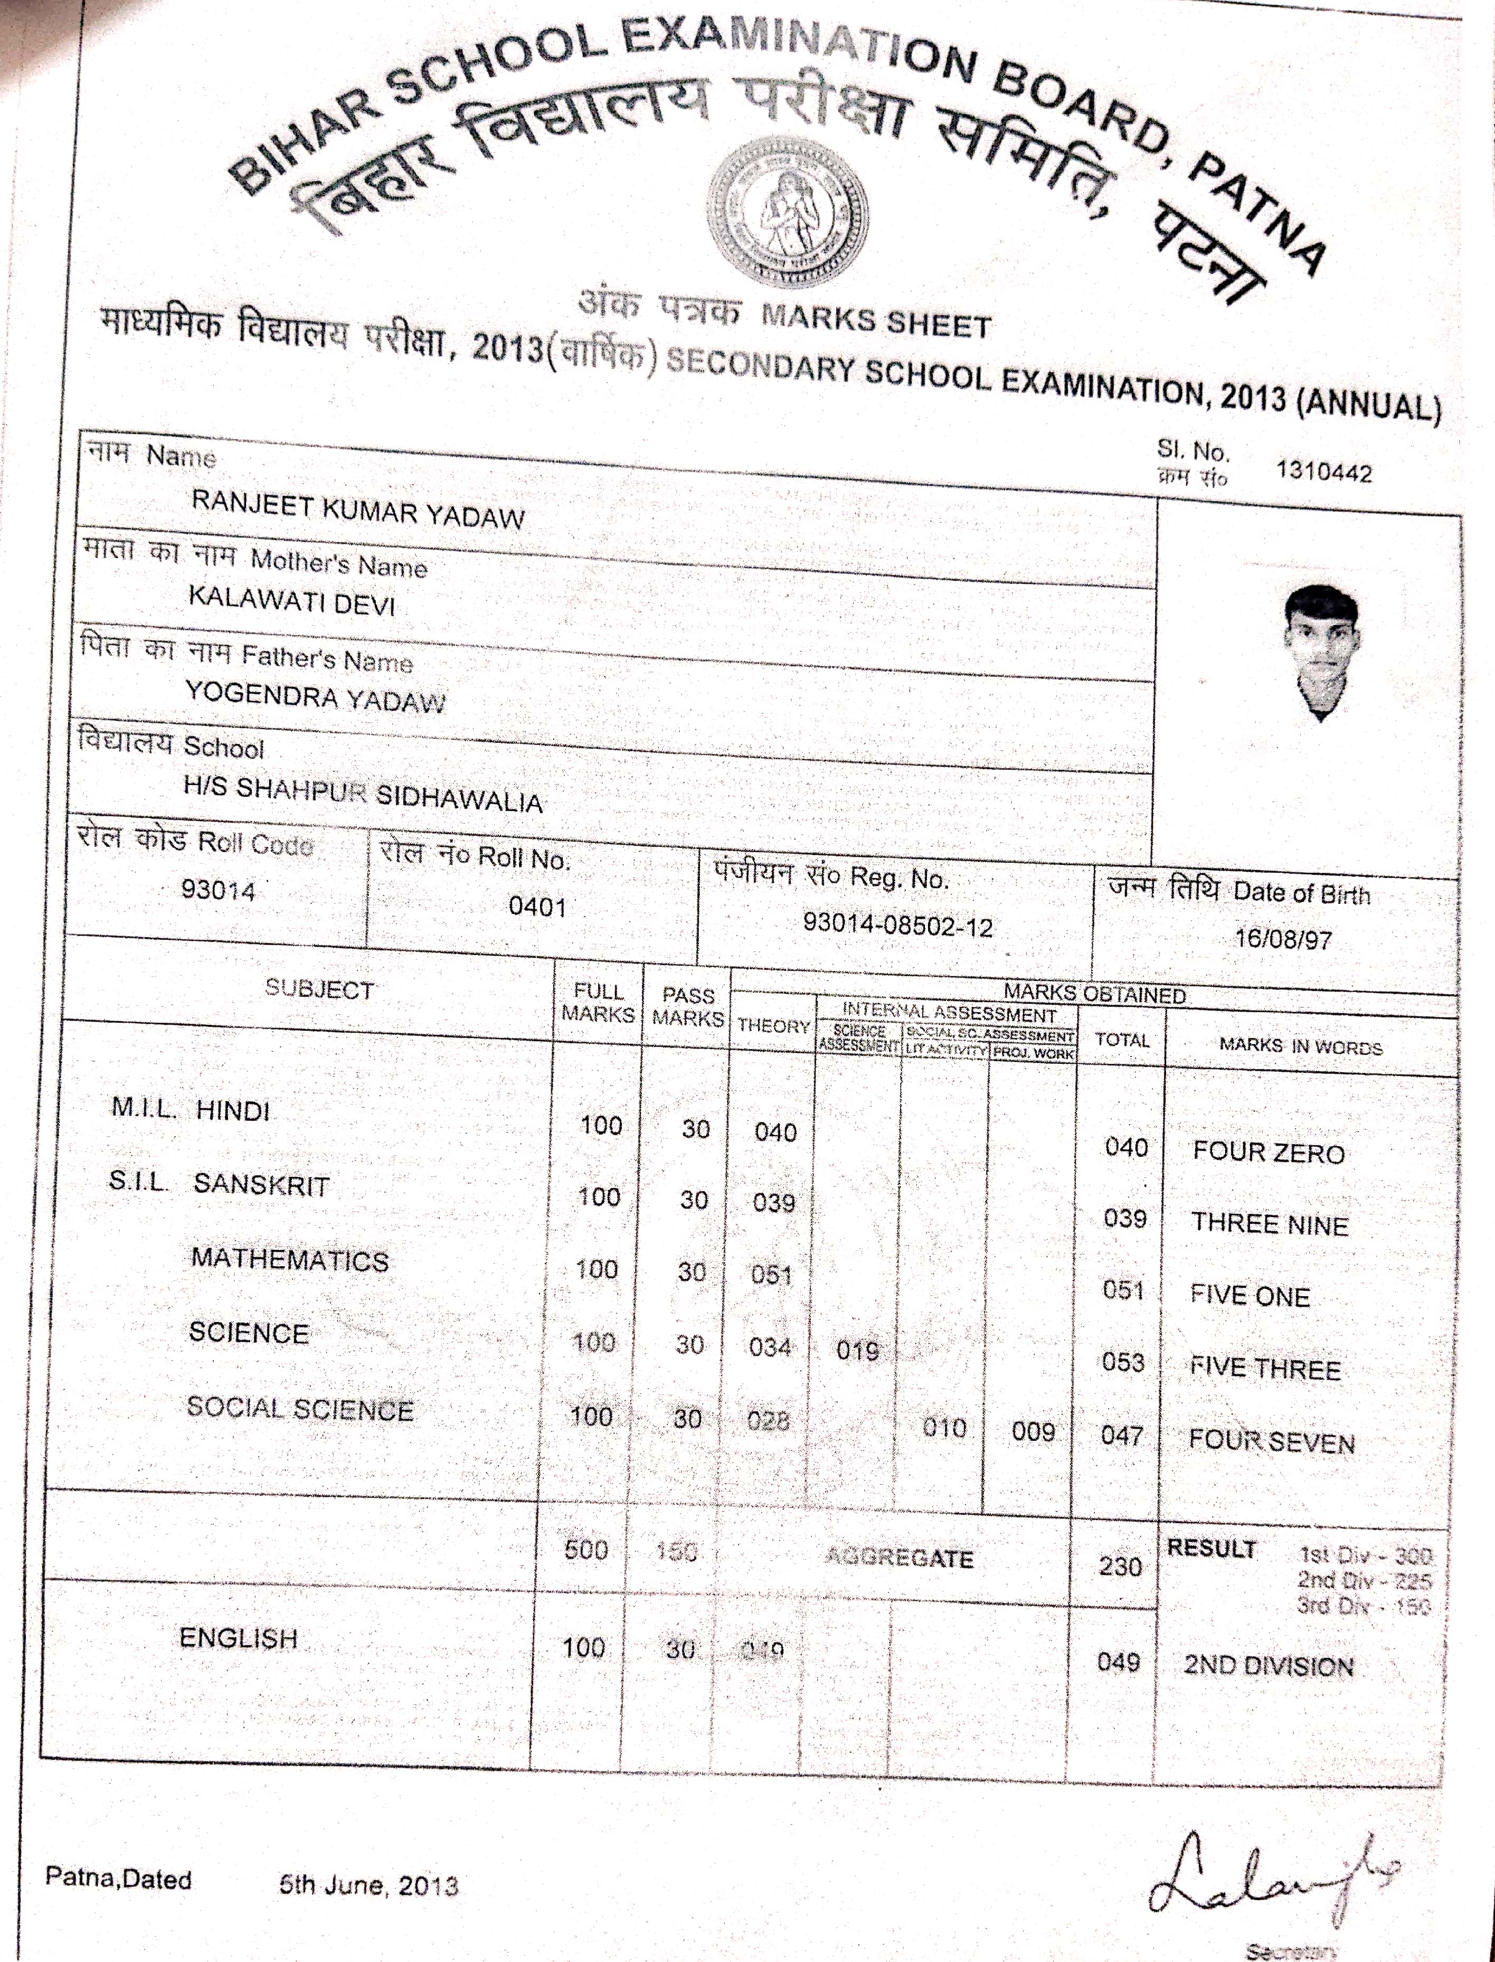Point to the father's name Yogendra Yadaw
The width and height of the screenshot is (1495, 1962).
click(x=315, y=696)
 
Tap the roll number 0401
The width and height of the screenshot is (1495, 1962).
click(x=537, y=907)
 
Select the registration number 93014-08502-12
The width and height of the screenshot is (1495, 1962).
click(x=897, y=926)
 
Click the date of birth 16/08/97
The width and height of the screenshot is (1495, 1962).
click(x=1282, y=939)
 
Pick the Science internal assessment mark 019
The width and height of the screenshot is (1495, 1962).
click(x=857, y=1351)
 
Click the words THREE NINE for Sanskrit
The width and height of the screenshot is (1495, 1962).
click(x=1269, y=1224)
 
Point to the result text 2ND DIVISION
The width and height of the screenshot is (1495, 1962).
click(x=1268, y=1666)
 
